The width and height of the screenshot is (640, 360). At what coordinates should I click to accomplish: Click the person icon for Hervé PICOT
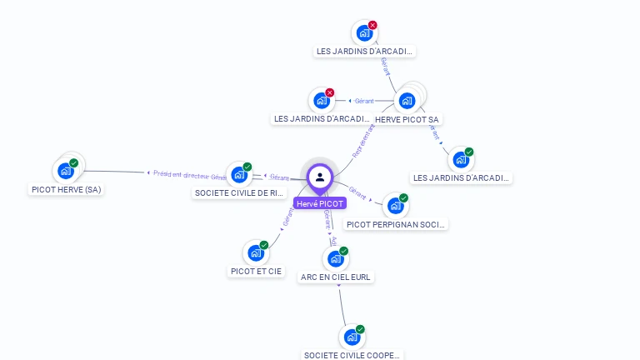(320, 177)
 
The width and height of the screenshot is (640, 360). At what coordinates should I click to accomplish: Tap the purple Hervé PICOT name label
(320, 203)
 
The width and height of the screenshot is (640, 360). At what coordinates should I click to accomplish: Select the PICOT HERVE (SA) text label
(66, 190)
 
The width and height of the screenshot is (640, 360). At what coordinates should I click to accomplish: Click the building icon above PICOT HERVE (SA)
(66, 171)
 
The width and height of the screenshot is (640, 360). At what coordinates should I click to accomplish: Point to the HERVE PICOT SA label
(407, 119)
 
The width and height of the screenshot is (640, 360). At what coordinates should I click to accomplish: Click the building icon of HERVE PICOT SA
(407, 101)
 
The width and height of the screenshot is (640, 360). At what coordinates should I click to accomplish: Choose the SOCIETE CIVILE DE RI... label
(240, 193)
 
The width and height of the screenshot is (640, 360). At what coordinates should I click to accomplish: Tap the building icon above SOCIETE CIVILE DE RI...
(239, 175)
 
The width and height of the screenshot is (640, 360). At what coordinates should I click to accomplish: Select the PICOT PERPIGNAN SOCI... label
(397, 224)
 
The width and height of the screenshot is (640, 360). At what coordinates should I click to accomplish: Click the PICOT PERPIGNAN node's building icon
(395, 205)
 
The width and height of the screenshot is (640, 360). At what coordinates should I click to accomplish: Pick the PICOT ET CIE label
(257, 272)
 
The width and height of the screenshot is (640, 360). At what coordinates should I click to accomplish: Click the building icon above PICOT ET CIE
(256, 252)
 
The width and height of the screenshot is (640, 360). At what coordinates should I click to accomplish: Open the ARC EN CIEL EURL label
(337, 277)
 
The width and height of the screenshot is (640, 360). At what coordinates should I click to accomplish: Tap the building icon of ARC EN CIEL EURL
(336, 258)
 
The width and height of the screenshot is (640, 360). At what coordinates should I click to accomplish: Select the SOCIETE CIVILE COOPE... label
(352, 355)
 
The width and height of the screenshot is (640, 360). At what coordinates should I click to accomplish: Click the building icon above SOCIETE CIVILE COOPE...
(352, 337)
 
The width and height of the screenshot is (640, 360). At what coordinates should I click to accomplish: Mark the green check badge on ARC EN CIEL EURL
(344, 251)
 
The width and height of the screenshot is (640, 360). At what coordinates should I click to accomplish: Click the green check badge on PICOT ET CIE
(264, 245)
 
